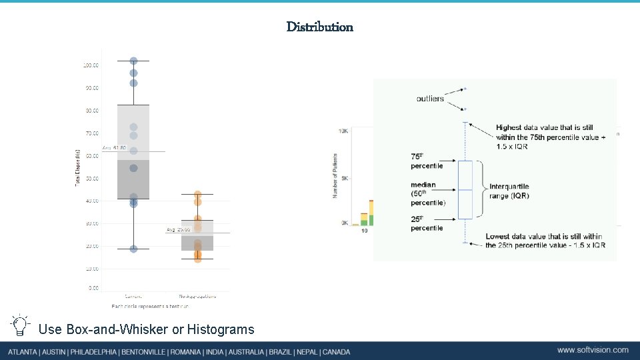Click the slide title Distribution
320,27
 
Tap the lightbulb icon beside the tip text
20,325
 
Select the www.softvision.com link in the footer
593,350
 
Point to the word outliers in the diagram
430,99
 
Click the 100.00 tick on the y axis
91,65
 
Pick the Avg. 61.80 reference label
114,147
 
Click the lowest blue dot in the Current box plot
133,249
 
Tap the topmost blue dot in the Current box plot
133,61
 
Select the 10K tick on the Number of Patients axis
343,131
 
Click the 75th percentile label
427,161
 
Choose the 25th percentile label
427,223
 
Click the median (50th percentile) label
427,193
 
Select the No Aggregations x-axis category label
197,295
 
